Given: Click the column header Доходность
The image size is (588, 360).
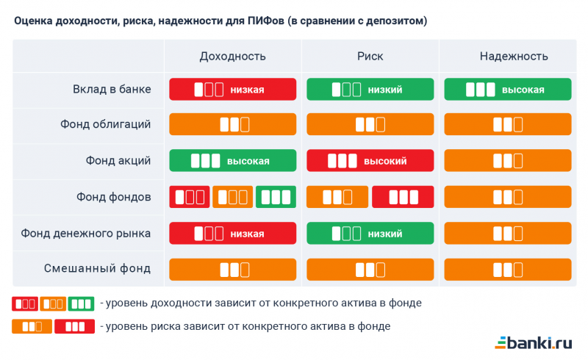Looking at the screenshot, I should pyautogui.click(x=232, y=57).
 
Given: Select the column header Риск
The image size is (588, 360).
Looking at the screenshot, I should pyautogui.click(x=370, y=57).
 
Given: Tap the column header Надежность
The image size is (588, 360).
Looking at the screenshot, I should pyautogui.click(x=508, y=57).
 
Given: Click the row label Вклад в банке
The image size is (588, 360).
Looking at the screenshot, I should pyautogui.click(x=112, y=89).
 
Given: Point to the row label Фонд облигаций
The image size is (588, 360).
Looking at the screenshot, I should pyautogui.click(x=105, y=124).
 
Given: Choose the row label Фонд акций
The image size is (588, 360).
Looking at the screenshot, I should pyautogui.click(x=118, y=160).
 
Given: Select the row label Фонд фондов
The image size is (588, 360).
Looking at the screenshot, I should pyautogui.click(x=113, y=197).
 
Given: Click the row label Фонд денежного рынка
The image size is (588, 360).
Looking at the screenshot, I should pyautogui.click(x=86, y=233).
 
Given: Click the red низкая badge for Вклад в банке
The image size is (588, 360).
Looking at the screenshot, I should pyautogui.click(x=233, y=90).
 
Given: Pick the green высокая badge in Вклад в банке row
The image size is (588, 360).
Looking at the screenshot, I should pyautogui.click(x=508, y=90).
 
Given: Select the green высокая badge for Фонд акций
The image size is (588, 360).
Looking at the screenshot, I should pyautogui.click(x=233, y=161).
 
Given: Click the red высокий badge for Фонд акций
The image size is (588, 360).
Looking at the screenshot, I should pyautogui.click(x=370, y=161).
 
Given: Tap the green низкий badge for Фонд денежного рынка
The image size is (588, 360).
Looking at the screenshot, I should pyautogui.click(x=370, y=234).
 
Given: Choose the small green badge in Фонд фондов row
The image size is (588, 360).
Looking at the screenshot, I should pyautogui.click(x=276, y=197).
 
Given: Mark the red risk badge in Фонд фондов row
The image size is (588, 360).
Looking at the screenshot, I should pyautogui.click(x=403, y=197).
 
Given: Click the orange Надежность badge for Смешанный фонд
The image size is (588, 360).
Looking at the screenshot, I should pyautogui.click(x=508, y=270).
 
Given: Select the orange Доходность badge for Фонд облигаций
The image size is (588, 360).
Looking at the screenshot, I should pyautogui.click(x=233, y=125).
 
